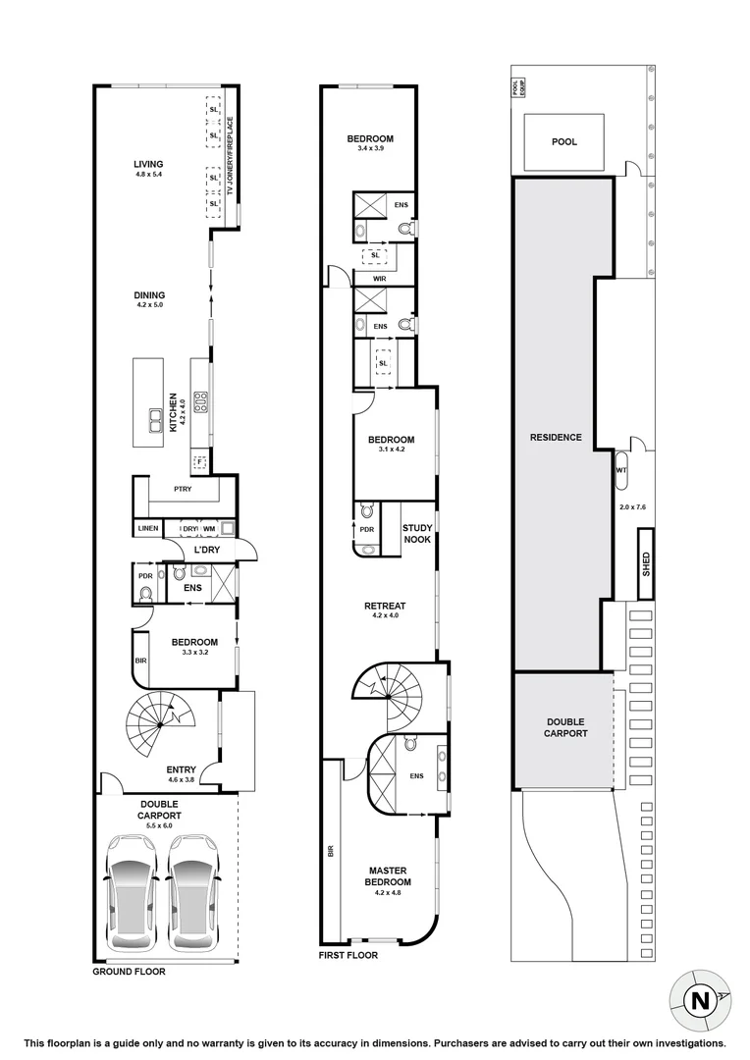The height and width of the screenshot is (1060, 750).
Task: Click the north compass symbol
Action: pyautogui.click(x=700, y=1000)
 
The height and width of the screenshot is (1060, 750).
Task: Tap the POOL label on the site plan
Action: pyautogui.click(x=564, y=142)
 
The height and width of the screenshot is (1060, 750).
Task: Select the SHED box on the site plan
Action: pyautogui.click(x=646, y=563)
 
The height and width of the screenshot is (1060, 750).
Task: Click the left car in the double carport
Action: pyautogui.click(x=131, y=891)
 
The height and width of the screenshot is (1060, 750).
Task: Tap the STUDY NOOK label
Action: pyautogui.click(x=417, y=533)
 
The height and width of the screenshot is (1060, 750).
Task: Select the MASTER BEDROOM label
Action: pyautogui.click(x=388, y=876)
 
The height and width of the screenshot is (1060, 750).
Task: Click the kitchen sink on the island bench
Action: pyautogui.click(x=156, y=420)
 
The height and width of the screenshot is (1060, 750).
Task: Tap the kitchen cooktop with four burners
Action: pyautogui.click(x=201, y=399)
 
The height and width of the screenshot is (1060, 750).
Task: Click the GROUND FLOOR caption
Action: pyautogui.click(x=129, y=972)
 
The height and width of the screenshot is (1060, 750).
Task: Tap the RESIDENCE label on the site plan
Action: pyautogui.click(x=556, y=438)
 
